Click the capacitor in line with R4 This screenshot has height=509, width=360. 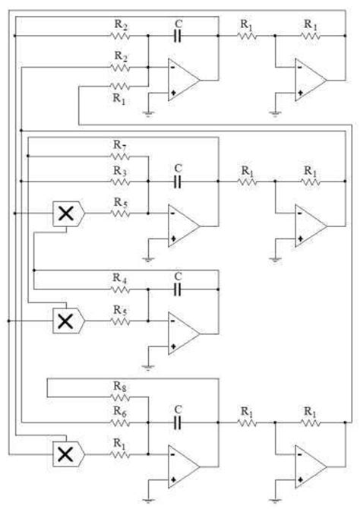(x=178, y=291)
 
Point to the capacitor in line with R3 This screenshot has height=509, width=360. (x=178, y=182)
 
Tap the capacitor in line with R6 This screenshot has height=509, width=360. (x=178, y=422)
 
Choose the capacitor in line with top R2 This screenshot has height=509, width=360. (x=178, y=36)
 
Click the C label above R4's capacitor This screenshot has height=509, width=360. (x=178, y=276)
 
